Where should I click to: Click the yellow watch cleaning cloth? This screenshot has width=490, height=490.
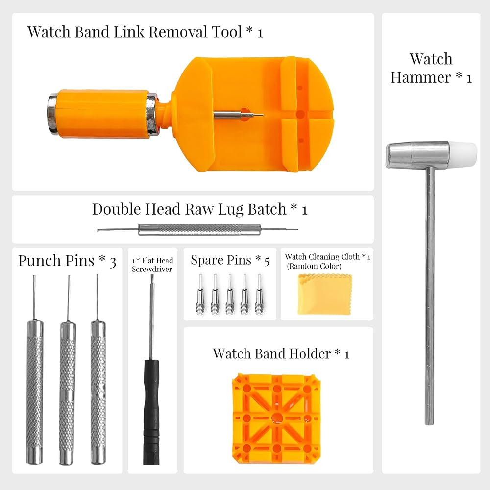click(325, 294)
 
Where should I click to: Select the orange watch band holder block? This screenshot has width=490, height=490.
click(277, 418)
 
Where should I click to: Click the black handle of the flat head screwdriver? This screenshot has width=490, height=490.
click(151, 412)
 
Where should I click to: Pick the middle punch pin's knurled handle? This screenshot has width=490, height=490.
click(68, 392)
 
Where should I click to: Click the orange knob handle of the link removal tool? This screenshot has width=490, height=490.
click(102, 114)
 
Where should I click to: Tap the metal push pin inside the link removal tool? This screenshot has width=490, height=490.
click(239, 115)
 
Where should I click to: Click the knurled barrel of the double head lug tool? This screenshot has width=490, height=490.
click(199, 230)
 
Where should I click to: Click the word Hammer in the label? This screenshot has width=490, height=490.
click(420, 77)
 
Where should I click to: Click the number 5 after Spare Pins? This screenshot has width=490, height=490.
click(267, 261)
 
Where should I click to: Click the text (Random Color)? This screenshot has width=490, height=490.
click(314, 266)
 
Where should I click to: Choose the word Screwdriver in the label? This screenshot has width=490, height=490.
click(152, 269)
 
